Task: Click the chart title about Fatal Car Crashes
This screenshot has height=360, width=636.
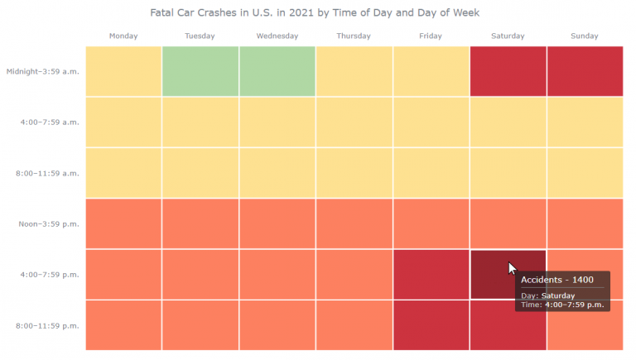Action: coord(315,13)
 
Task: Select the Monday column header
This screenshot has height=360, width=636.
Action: coord(123,36)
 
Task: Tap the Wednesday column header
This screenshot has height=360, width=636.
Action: coord(277,36)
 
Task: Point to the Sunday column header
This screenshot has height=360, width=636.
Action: coord(585,36)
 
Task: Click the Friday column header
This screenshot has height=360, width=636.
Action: coord(431,36)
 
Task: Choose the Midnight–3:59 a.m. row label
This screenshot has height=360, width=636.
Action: coord(42,71)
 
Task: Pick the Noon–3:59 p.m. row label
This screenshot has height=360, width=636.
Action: coord(49,223)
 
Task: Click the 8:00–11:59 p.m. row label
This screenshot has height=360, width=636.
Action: coord(47,325)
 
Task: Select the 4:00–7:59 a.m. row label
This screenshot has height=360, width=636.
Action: coord(50,122)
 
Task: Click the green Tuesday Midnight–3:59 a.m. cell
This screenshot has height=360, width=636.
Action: coord(200,71)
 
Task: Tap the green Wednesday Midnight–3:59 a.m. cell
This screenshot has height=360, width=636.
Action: coord(277,71)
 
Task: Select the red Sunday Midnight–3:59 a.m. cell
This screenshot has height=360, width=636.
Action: coord(585,71)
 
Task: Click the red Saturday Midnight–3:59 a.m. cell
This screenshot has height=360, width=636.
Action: coord(508,71)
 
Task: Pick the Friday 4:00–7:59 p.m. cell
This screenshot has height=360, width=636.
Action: coord(431,274)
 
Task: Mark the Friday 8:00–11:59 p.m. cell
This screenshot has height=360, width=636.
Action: coord(431,325)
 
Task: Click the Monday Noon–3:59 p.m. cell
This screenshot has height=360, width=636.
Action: coord(123,223)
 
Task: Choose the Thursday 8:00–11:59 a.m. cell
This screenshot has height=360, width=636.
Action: coord(354,173)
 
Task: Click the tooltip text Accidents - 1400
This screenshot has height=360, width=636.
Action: coord(557,280)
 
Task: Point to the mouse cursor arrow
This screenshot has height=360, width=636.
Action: coord(513,268)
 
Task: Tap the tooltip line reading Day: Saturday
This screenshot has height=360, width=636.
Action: coord(547,295)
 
